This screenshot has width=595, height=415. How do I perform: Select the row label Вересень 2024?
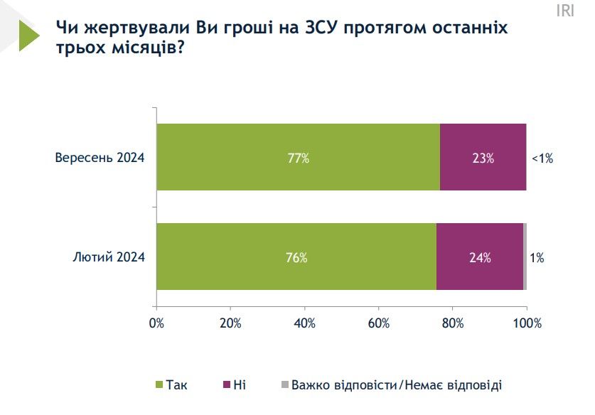click(100, 158)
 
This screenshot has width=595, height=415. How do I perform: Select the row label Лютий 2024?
click(109, 257)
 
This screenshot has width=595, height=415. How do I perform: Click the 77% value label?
click(298, 158)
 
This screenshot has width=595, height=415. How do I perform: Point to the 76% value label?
click(296, 258)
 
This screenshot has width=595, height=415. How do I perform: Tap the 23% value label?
click(483, 158)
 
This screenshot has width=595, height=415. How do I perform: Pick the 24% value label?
click(480, 258)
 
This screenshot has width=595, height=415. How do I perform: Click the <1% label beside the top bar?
click(542, 158)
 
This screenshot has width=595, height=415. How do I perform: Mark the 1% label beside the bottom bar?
click(537, 258)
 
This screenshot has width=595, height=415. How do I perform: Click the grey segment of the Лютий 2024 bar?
click(525, 257)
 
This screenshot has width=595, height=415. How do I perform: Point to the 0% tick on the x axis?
click(156, 323)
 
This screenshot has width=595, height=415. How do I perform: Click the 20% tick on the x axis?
click(230, 323)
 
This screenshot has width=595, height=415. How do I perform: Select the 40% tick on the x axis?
click(304, 323)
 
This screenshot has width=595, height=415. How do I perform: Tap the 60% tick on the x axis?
click(378, 323)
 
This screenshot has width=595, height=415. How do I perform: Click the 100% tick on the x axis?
click(526, 323)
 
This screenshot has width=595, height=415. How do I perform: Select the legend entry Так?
click(171, 384)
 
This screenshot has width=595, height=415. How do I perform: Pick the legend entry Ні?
click(235, 384)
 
